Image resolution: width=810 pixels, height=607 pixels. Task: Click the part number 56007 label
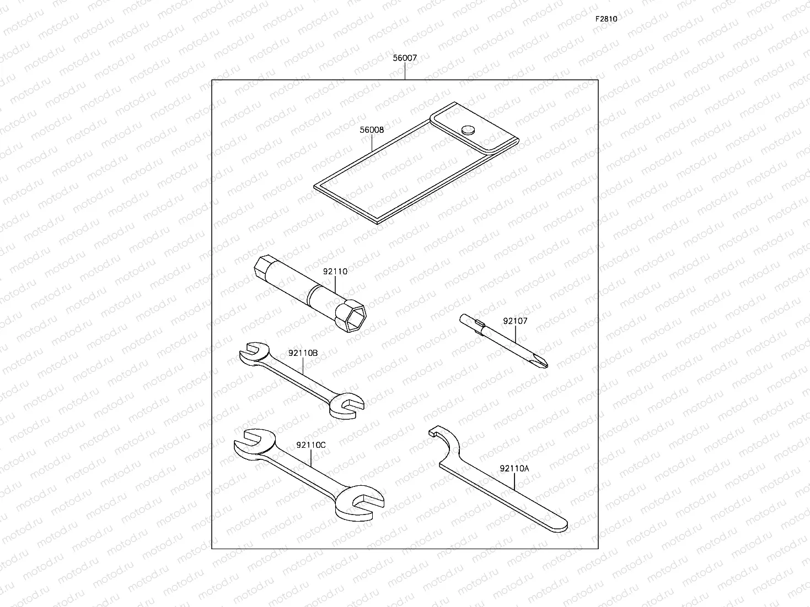coord(405,57)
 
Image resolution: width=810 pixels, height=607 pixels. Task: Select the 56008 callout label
coord(372,130)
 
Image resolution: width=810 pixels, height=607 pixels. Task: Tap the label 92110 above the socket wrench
coord(335,272)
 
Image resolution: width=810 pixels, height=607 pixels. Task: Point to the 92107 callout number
coord(515,321)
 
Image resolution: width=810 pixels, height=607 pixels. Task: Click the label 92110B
coord(303,353)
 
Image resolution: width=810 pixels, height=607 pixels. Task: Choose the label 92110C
coord(311,445)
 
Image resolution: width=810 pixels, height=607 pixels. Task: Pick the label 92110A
coord(514,469)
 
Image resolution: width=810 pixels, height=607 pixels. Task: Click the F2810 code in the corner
coord(605,19)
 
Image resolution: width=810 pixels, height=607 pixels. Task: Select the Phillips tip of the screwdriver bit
coord(543,361)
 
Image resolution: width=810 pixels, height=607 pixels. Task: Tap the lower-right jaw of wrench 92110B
coord(347,407)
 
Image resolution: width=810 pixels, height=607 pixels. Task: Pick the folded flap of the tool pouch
coord(474,132)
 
